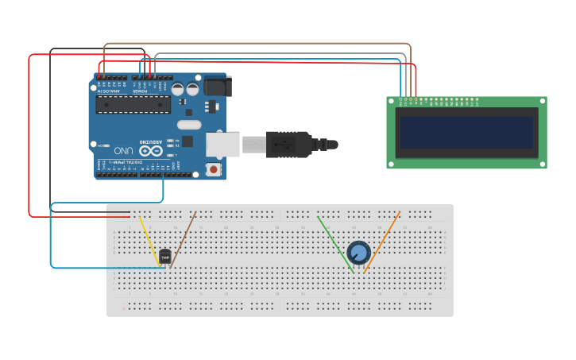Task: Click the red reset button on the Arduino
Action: point(213,169)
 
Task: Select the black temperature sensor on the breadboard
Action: point(165,256)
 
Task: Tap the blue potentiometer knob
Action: point(358,253)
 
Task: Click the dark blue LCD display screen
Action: point(466,132)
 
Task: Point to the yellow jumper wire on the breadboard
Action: point(149,239)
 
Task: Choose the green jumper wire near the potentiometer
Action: point(335,243)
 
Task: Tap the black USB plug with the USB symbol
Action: point(287,144)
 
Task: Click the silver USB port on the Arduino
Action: point(222,145)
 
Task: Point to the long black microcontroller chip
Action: point(133,105)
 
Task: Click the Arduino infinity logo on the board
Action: point(151,149)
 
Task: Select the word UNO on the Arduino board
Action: point(123,150)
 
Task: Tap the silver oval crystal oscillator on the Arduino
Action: point(189,125)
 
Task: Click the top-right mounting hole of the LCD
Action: point(542,102)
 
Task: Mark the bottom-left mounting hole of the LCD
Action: point(392,165)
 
